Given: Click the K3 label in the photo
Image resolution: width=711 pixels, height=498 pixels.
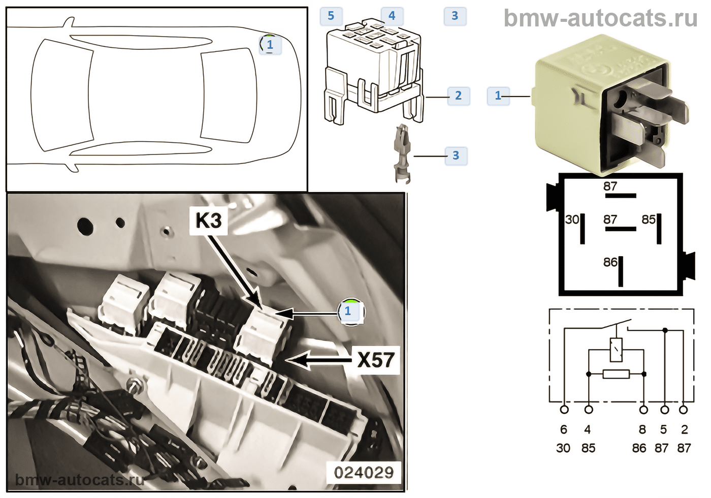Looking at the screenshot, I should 208,221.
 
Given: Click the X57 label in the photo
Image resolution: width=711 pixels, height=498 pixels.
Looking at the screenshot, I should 376,360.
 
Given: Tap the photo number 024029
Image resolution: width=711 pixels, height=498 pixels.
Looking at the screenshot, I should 364,473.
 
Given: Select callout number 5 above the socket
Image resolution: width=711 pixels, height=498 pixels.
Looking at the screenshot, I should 331,16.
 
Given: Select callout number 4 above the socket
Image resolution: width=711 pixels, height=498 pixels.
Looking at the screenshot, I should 392,16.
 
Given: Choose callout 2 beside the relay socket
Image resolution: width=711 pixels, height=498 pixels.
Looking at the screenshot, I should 458,96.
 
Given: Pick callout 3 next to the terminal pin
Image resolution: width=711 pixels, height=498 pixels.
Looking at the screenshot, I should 456,155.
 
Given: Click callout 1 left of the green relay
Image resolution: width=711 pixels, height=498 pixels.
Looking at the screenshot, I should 498,96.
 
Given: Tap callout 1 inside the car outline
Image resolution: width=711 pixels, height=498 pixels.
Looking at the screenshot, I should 270,45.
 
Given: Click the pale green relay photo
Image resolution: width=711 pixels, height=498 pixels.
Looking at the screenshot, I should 604,102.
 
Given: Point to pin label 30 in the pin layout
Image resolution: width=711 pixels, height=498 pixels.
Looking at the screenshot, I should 572,220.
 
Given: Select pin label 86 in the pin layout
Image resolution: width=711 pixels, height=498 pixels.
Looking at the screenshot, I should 610,262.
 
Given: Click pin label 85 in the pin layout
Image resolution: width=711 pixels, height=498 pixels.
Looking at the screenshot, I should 649,220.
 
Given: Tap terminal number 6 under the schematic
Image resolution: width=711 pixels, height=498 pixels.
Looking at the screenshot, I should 563,429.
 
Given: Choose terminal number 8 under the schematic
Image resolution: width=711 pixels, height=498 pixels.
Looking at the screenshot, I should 642,429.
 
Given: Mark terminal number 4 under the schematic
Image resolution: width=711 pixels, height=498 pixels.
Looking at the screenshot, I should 588,429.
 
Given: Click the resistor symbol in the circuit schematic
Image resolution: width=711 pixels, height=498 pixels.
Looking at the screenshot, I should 616,375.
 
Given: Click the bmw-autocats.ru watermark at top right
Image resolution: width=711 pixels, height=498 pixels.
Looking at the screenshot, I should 600,18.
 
